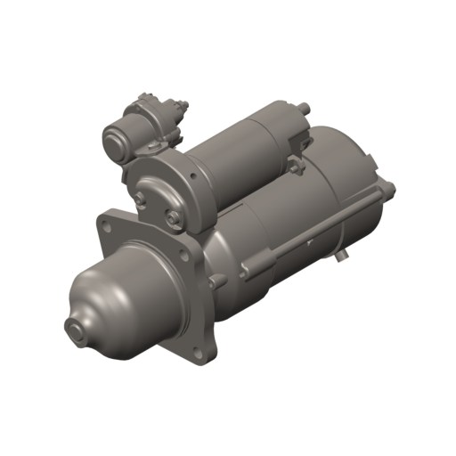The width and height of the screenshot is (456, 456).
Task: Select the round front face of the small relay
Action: pos(118,140)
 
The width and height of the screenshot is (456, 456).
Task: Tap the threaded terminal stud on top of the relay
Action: pos(183,107)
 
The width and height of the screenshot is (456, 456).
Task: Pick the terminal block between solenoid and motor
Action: pos(294,164)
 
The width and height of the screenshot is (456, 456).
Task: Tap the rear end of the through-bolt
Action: pos(388,188)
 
